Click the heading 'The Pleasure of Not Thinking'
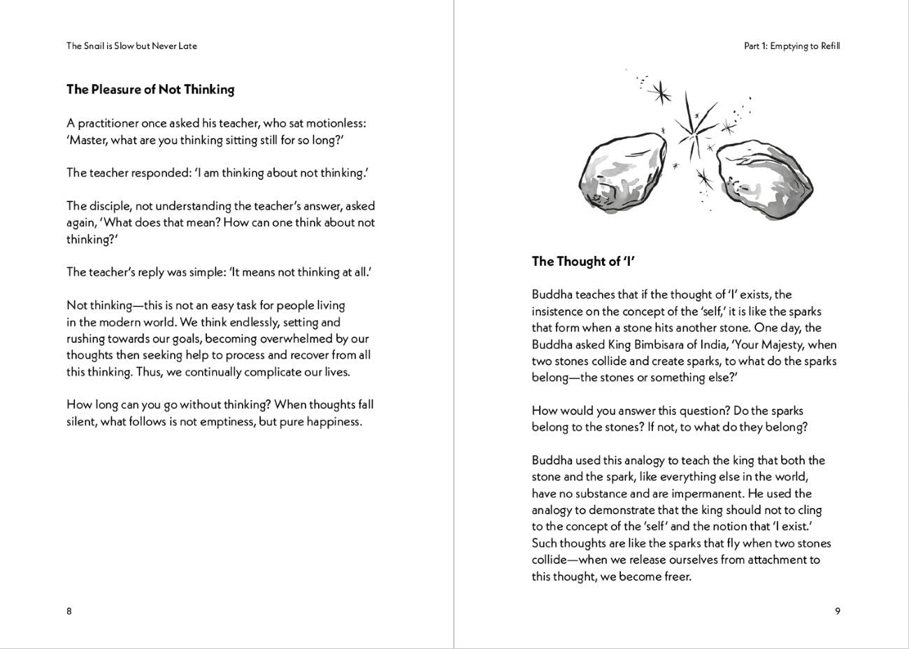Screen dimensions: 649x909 [150, 90]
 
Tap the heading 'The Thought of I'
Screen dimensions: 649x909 [583, 262]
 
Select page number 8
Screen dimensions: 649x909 [69, 611]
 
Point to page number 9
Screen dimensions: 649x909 [838, 611]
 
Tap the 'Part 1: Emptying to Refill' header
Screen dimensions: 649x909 [792, 46]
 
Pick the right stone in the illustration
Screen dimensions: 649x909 [765, 176]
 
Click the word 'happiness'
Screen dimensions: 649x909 [333, 422]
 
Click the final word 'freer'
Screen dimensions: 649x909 [675, 577]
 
